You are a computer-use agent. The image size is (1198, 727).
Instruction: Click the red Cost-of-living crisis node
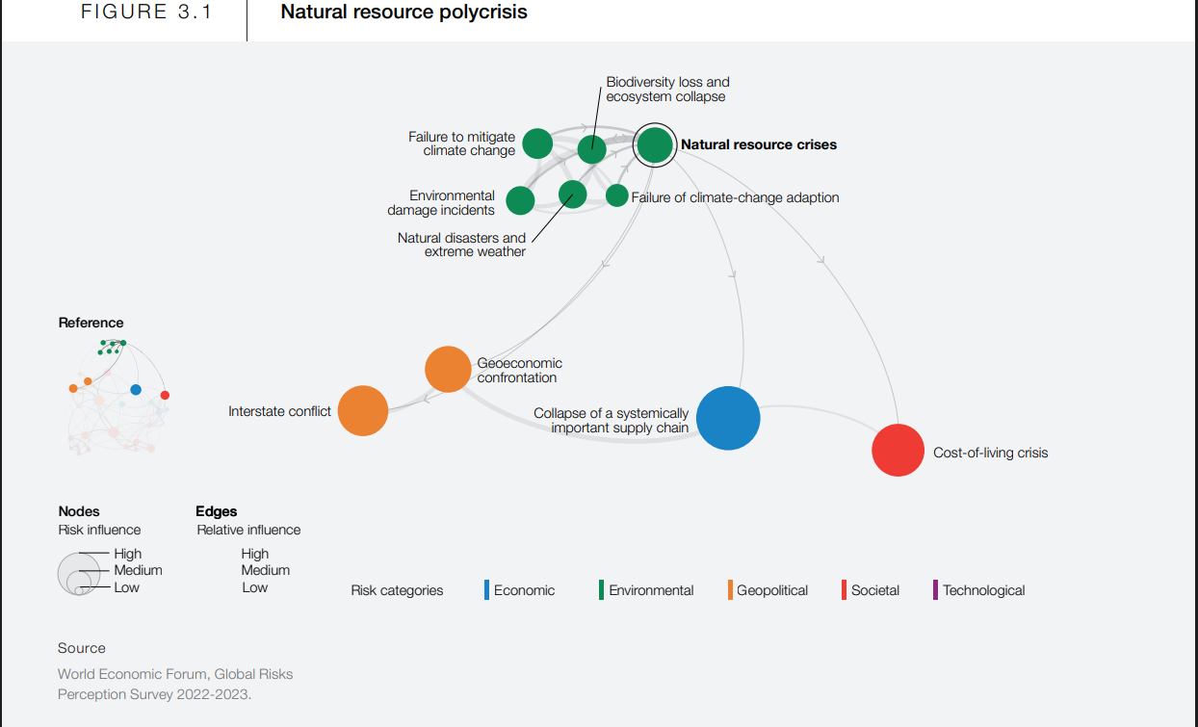pyautogui.click(x=898, y=450)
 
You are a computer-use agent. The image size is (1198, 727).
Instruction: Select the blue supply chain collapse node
pyautogui.click(x=728, y=418)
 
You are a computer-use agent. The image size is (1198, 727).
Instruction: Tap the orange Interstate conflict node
pyautogui.click(x=363, y=410)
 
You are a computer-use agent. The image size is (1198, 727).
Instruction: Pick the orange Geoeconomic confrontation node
pyautogui.click(x=448, y=369)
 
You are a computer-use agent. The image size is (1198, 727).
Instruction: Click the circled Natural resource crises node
pyautogui.click(x=655, y=145)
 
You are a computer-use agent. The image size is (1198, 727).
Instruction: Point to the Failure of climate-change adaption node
pyautogui.click(x=617, y=195)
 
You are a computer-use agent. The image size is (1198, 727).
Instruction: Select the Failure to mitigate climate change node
pyautogui.click(x=537, y=143)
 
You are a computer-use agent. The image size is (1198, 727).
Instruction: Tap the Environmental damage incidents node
pyautogui.click(x=520, y=200)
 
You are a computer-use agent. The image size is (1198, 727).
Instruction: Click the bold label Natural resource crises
pyautogui.click(x=759, y=144)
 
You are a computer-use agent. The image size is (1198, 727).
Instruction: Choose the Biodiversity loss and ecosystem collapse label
pyautogui.click(x=667, y=90)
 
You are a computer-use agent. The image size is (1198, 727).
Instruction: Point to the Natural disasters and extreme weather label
pyautogui.click(x=462, y=245)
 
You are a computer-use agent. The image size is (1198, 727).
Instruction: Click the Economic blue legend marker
pyautogui.click(x=487, y=590)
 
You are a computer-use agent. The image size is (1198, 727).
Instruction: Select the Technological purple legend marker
pyautogui.click(x=935, y=590)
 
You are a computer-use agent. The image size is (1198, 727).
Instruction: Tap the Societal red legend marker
pyautogui.click(x=844, y=590)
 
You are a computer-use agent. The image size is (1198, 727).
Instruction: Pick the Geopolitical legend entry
pyautogui.click(x=771, y=590)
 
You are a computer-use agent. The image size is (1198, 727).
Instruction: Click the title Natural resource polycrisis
pyautogui.click(x=404, y=13)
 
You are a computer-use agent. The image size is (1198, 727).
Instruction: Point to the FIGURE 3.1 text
pyautogui.click(x=146, y=13)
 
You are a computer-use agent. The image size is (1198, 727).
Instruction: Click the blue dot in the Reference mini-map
pyautogui.click(x=136, y=390)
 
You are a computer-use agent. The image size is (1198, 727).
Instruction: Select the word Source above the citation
pyautogui.click(x=82, y=648)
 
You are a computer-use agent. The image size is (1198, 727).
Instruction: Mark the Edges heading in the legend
pyautogui.click(x=216, y=511)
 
